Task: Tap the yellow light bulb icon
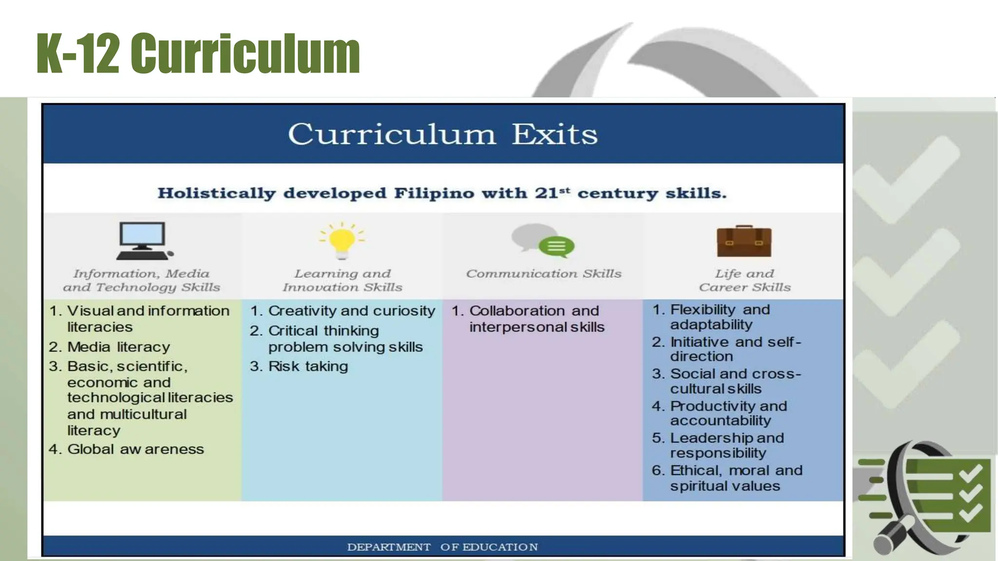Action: [x=342, y=241]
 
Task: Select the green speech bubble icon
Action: [x=556, y=246]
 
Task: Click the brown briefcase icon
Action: [x=744, y=242]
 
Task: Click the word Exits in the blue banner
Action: [x=555, y=134]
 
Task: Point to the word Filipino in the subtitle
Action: [x=434, y=193]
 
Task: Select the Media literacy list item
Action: [x=118, y=347]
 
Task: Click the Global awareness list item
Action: [x=135, y=449]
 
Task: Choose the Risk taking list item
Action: [x=307, y=366]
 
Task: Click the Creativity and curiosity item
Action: [x=351, y=311]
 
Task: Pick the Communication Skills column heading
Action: [x=544, y=274]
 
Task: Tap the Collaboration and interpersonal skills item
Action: [x=536, y=319]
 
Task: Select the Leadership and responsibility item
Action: [x=727, y=445]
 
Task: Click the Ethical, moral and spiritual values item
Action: [x=735, y=478]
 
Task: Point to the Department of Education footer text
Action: [x=442, y=547]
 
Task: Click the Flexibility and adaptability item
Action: [x=720, y=317]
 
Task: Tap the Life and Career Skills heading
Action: [x=745, y=280]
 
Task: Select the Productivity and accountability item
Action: [x=728, y=413]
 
